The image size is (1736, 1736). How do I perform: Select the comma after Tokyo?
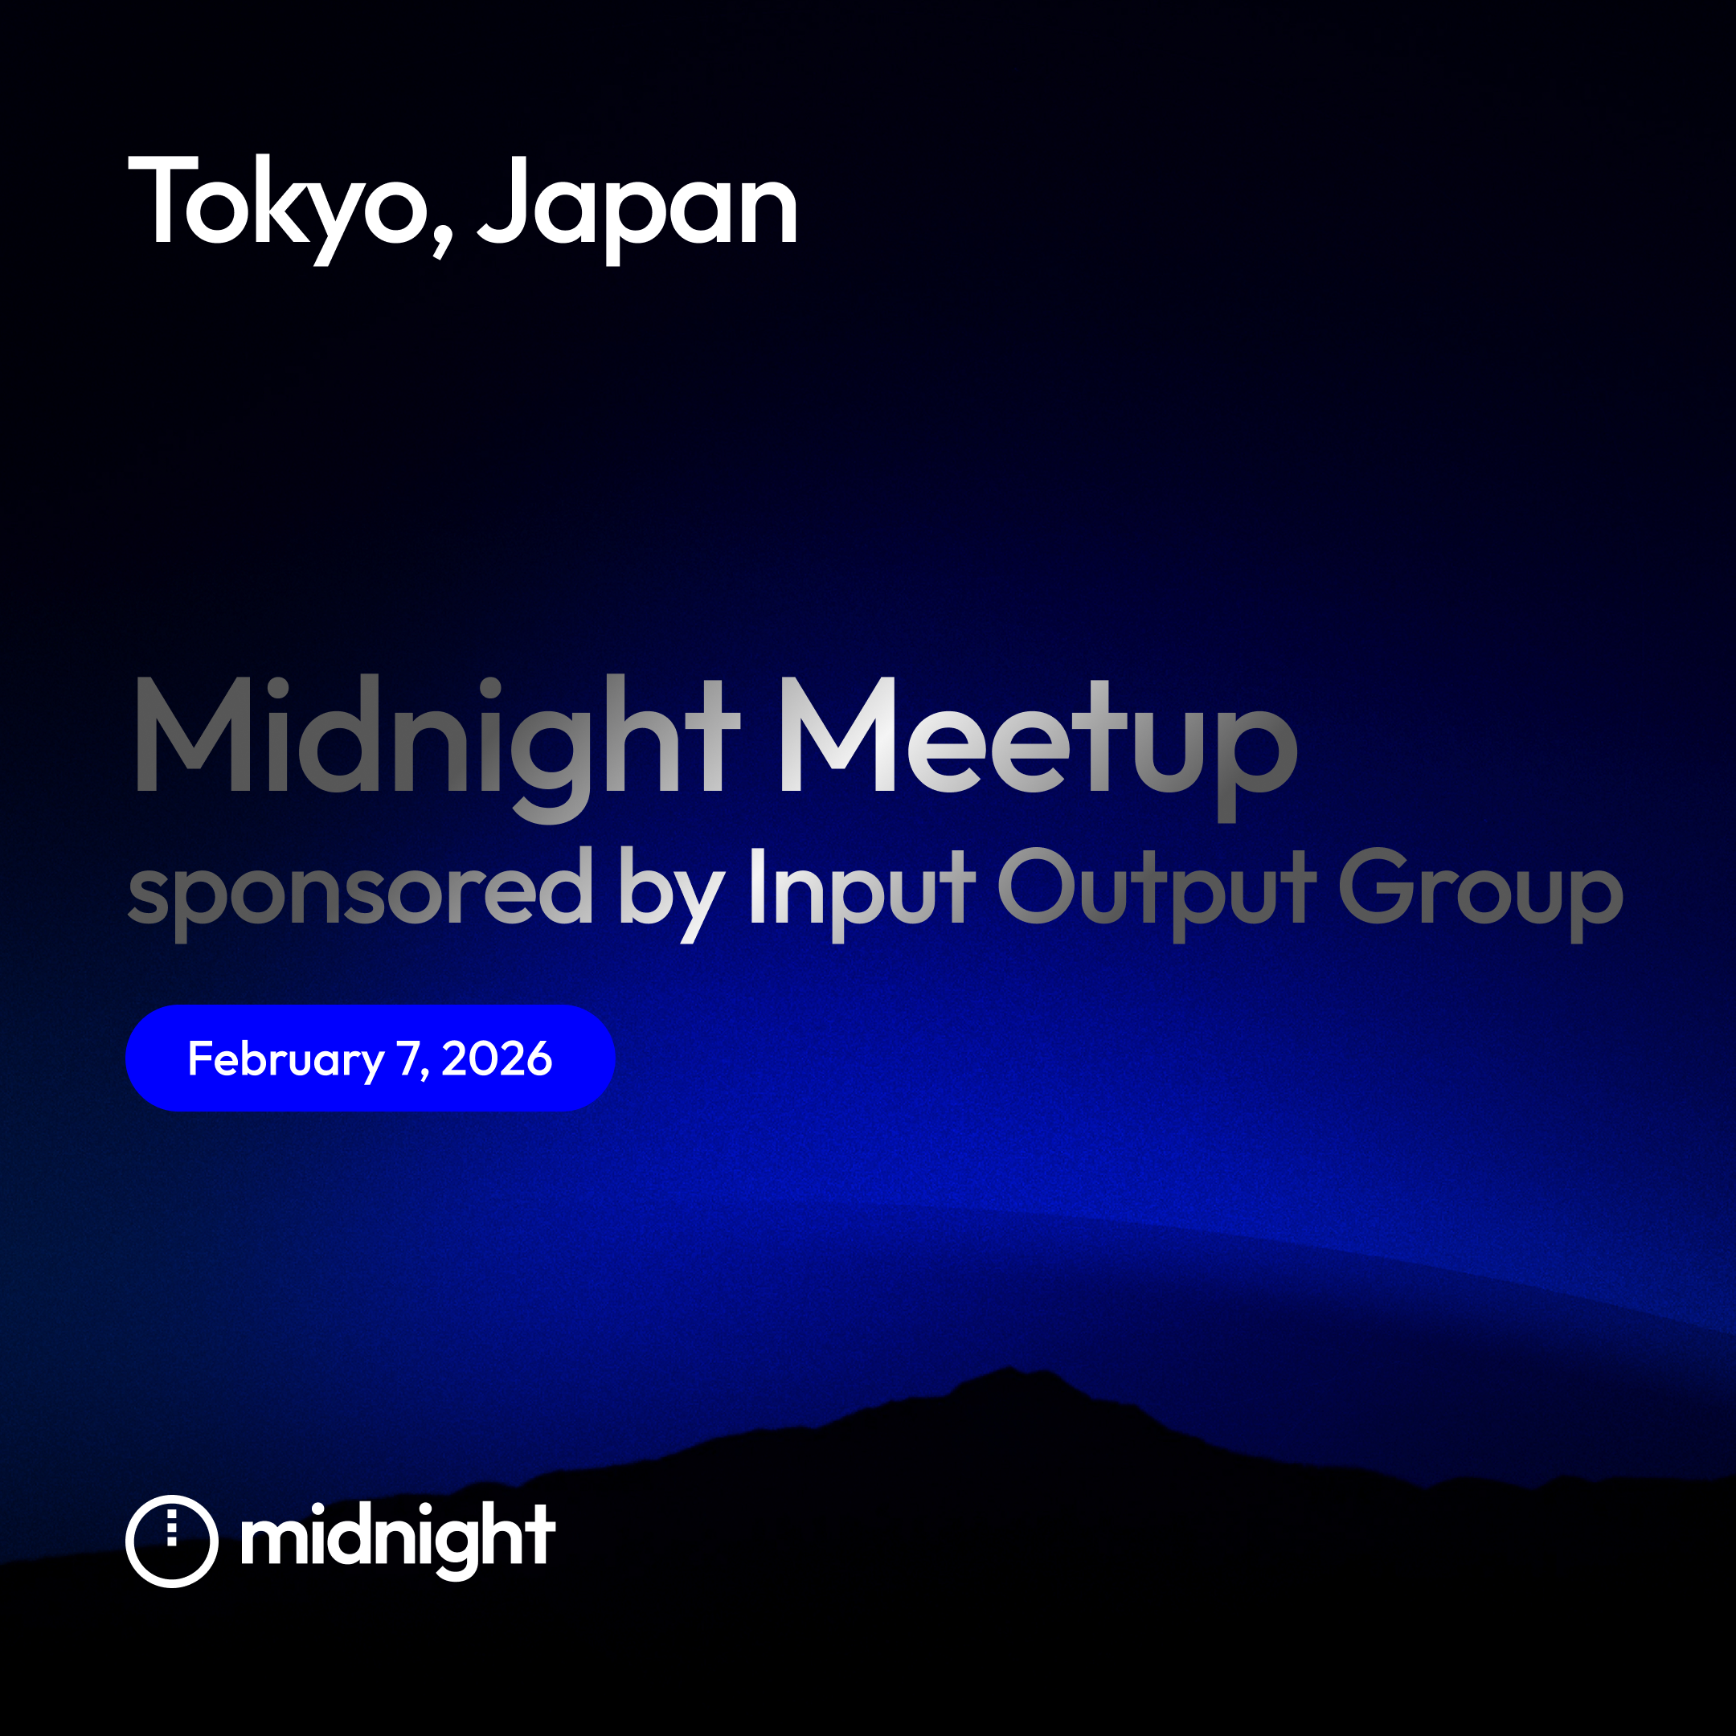pyautogui.click(x=442, y=238)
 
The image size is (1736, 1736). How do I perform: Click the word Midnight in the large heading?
pyautogui.click(x=437, y=747)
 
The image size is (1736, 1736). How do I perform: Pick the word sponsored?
pyautogui.click(x=359, y=894)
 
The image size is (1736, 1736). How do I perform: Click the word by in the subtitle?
pyautogui.click(x=671, y=894)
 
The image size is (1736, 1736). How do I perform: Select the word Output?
pyautogui.click(x=1157, y=894)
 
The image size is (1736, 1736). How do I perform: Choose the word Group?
pyautogui.click(x=1480, y=894)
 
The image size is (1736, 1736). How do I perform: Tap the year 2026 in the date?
pyautogui.click(x=497, y=1058)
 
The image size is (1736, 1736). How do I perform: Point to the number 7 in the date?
pyautogui.click(x=408, y=1058)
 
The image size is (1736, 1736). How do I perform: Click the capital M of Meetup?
pyautogui.click(x=837, y=734)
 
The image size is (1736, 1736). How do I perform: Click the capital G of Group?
pyautogui.click(x=1377, y=885)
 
